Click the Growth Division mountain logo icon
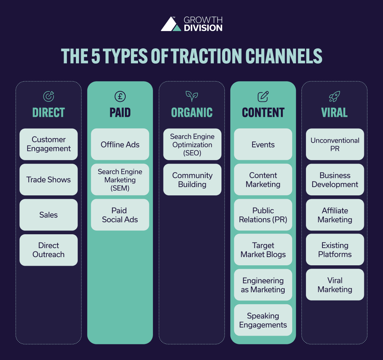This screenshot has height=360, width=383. pyautogui.click(x=171, y=24)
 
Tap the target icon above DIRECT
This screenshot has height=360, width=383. pyautogui.click(x=49, y=97)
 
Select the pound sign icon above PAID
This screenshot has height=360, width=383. pyautogui.click(x=120, y=97)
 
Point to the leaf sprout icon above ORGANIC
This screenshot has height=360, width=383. pyautogui.click(x=192, y=97)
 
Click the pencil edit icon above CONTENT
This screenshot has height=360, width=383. pyautogui.click(x=263, y=97)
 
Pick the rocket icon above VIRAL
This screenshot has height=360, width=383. pyautogui.click(x=335, y=97)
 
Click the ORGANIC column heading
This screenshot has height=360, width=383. pyautogui.click(x=192, y=113)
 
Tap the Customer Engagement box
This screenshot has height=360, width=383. pyautogui.click(x=49, y=144)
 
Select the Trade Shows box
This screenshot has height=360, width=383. pyautogui.click(x=49, y=180)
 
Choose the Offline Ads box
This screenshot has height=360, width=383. pyautogui.click(x=120, y=144)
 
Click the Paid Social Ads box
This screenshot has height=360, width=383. pyautogui.click(x=120, y=215)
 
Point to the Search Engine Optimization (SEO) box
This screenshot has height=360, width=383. pyautogui.click(x=192, y=144)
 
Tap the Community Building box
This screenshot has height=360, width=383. pyautogui.click(x=192, y=180)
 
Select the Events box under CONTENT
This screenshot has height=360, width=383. pyautogui.click(x=263, y=144)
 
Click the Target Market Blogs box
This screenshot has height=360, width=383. pyautogui.click(x=263, y=250)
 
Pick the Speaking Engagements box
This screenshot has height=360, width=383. pyautogui.click(x=263, y=320)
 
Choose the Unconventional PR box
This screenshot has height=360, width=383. pyautogui.click(x=335, y=144)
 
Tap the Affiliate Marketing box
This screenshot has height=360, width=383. pyautogui.click(x=335, y=215)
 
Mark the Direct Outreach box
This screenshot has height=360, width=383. pyautogui.click(x=49, y=250)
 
